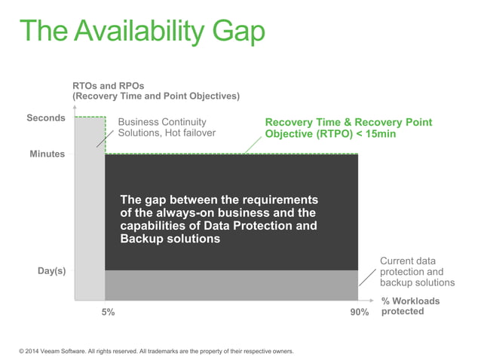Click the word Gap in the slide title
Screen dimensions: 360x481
click(235, 32)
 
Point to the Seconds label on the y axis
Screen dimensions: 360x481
click(46, 118)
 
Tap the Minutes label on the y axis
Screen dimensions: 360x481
click(47, 154)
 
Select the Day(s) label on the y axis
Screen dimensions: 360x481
click(51, 271)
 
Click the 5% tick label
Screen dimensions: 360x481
click(108, 313)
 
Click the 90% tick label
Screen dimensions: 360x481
click(359, 313)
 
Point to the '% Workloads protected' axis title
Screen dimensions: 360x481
click(410, 307)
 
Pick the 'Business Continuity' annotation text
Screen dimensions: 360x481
click(161, 122)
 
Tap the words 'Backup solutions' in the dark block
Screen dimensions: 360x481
click(170, 239)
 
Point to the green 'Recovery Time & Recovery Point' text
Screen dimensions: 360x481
click(348, 122)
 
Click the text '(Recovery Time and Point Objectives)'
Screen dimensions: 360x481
click(155, 96)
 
